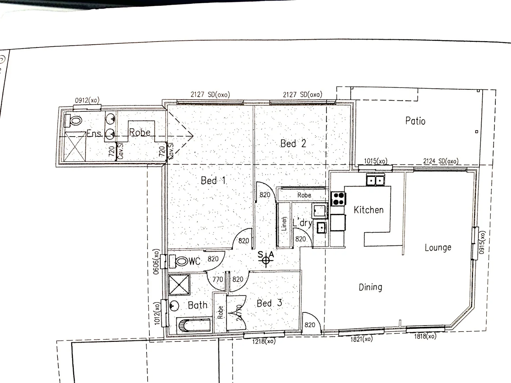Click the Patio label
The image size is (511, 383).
(415, 121)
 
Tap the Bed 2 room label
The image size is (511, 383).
(293, 144)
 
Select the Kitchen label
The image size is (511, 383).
(369, 210)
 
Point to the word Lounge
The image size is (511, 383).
(438, 248)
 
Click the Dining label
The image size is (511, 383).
(370, 287)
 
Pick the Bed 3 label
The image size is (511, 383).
(269, 303)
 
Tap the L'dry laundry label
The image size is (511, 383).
(302, 223)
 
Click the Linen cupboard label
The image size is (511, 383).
(284, 224)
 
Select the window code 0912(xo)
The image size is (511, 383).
(87, 100)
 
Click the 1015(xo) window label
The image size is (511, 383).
(375, 161)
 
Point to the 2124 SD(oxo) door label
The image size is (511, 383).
(441, 161)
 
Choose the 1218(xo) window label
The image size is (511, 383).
(264, 342)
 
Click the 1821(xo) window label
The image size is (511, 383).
(362, 339)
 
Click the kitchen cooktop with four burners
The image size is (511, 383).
(338, 199)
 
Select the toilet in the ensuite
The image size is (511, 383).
(73, 121)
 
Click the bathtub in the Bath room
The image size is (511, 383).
(194, 325)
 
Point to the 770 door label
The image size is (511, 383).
(218, 279)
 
